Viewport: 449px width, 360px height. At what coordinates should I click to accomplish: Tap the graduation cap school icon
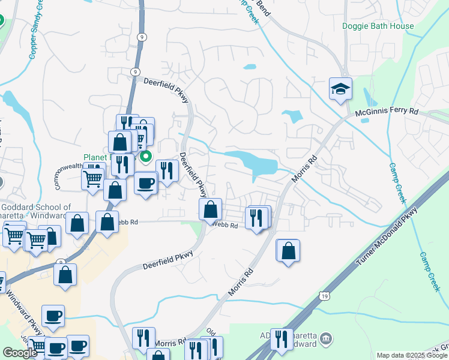pyautogui.click(x=340, y=89)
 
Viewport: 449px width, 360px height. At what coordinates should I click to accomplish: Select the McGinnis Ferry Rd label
pyautogui.click(x=386, y=112)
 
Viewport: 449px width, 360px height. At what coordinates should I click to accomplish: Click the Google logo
pyautogui.click(x=20, y=353)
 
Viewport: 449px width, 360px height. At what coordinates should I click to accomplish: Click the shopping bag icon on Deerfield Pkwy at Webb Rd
pyautogui.click(x=210, y=210)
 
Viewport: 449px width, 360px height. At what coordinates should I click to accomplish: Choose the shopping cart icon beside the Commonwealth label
pyautogui.click(x=93, y=177)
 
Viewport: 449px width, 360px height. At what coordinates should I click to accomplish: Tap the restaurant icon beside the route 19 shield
pyautogui.click(x=280, y=340)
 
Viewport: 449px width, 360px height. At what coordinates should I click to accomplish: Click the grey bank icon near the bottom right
pyautogui.click(x=325, y=338)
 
